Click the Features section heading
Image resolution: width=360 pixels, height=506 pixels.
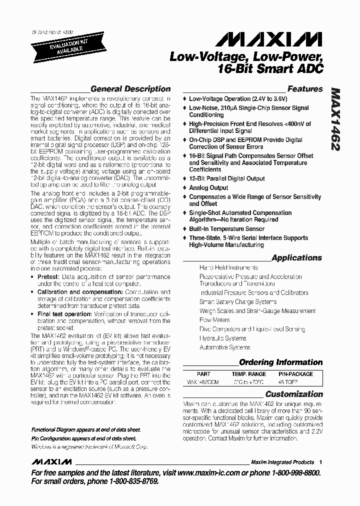[304, 89]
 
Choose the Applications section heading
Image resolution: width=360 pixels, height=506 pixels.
[296, 258]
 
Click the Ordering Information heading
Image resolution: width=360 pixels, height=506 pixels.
[280, 362]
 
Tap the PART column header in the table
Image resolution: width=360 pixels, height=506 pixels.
[204, 374]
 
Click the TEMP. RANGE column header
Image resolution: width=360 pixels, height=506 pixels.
[248, 374]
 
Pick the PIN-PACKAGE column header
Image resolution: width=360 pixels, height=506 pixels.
[295, 374]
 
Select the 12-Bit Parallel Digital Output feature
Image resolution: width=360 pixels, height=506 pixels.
[226, 178]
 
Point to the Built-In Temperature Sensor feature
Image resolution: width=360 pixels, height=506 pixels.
[226, 228]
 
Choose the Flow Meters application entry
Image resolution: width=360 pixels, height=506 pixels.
[214, 320]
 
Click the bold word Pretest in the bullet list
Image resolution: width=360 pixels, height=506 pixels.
[49, 276]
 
